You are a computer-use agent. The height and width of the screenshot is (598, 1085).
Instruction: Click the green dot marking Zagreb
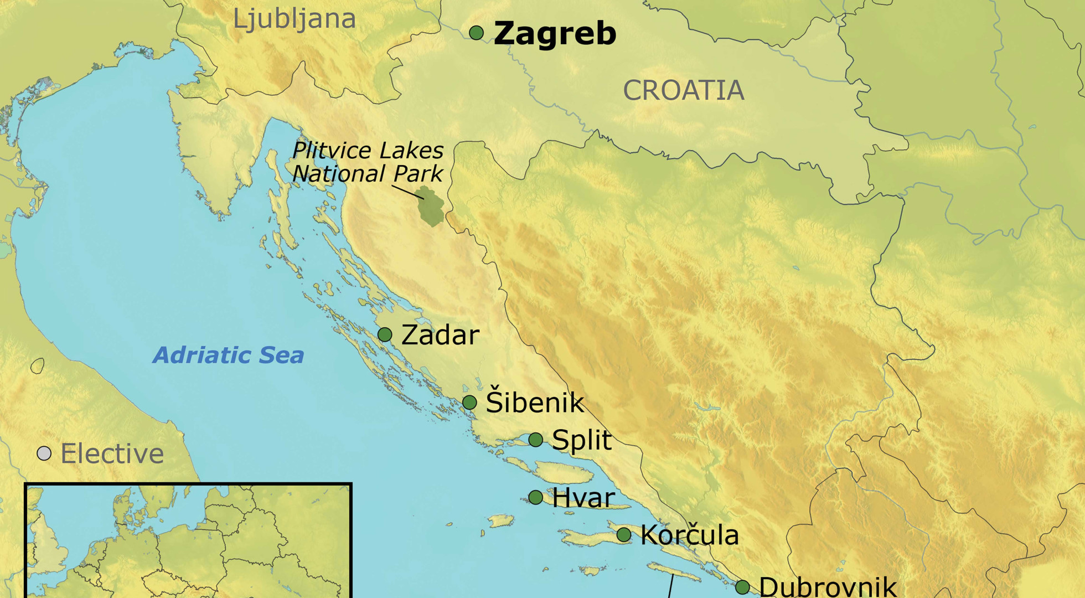click(476, 33)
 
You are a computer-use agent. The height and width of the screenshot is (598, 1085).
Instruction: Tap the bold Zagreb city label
click(555, 33)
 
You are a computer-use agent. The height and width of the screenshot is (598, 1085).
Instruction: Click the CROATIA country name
click(683, 90)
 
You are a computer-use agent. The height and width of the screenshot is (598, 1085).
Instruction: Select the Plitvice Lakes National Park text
click(368, 162)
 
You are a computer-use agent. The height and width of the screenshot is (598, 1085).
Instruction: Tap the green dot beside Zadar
click(385, 334)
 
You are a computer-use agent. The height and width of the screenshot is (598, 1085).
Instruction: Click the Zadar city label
click(440, 335)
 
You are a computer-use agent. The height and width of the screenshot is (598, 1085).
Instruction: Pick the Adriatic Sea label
click(228, 355)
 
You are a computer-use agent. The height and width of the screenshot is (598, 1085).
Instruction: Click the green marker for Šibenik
click(469, 403)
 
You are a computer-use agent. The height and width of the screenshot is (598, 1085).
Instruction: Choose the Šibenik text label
click(534, 402)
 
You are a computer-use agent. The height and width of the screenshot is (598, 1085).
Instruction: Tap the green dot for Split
click(535, 440)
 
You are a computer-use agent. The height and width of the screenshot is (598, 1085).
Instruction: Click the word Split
click(581, 440)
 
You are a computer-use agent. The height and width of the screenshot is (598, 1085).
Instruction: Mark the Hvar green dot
click(535, 497)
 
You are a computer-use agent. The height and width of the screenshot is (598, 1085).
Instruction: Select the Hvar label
click(583, 498)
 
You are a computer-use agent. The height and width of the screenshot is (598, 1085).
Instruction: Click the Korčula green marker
click(624, 534)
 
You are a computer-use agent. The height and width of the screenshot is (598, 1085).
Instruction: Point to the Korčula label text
click(689, 535)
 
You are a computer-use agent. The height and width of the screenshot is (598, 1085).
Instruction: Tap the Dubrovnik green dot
click(742, 587)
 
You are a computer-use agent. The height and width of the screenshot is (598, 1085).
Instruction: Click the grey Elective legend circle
click(44, 453)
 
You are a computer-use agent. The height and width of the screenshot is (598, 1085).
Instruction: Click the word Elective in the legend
click(112, 454)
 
